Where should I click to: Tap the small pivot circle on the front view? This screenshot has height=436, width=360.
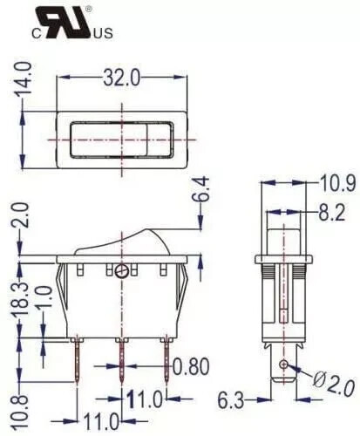[121, 271]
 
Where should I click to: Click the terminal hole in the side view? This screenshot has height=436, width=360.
[282, 363]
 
